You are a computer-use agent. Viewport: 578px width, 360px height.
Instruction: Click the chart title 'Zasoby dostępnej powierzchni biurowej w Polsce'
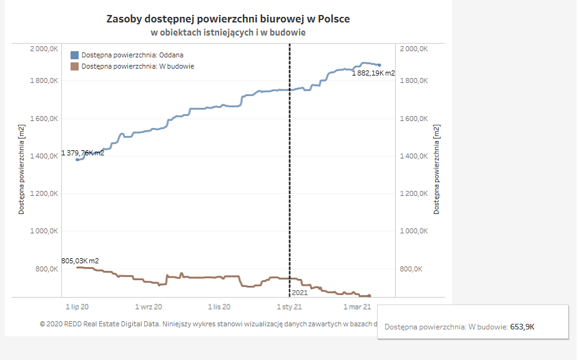(228, 19)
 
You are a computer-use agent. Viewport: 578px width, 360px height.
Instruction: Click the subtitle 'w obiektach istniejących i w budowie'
(228, 33)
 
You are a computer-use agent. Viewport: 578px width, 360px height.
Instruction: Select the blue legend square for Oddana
(74, 56)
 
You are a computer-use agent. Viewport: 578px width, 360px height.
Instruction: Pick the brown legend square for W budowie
(74, 66)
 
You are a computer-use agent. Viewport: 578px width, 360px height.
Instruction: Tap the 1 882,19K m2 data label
(373, 73)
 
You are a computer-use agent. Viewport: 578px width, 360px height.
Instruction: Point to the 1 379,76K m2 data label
(82, 153)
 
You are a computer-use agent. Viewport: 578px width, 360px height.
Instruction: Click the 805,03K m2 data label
(80, 261)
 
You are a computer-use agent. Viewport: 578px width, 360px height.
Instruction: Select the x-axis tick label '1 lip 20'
(77, 307)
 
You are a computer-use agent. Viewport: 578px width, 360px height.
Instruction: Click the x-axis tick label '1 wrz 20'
(148, 307)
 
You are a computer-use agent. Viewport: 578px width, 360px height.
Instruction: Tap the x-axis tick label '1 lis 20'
(219, 307)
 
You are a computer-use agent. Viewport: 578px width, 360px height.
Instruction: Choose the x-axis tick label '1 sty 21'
(290, 307)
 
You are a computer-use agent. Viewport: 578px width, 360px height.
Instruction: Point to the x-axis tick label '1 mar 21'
(357, 307)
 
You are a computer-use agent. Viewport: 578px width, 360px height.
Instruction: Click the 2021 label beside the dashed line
(300, 293)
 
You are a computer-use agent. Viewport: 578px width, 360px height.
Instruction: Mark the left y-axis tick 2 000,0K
(44, 49)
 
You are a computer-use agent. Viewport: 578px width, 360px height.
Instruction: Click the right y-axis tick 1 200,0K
(414, 194)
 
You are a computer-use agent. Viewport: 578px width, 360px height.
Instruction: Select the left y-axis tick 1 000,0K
(44, 231)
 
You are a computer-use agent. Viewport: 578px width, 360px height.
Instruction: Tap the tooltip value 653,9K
(522, 327)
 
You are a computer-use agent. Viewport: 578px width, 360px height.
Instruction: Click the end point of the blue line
(380, 66)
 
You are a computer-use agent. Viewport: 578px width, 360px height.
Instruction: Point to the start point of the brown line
(77, 268)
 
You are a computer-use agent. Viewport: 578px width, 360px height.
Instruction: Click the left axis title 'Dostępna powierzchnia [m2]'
(21, 170)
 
